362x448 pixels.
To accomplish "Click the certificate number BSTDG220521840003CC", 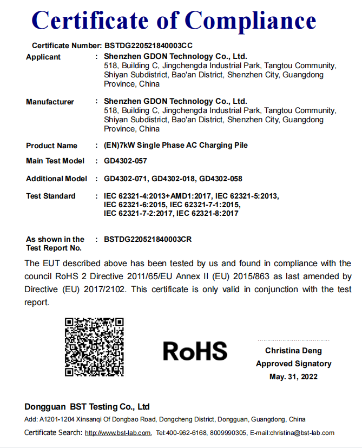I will pyautogui.click(x=148, y=46).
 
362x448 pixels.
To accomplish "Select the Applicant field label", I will pyautogui.click(x=43, y=57).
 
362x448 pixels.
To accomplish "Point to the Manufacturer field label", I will pyautogui.click(x=50, y=102).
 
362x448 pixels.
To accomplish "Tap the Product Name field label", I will pyautogui.click(x=51, y=146).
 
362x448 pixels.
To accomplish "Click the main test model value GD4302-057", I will pyautogui.click(x=125, y=161).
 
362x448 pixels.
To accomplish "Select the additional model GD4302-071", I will pyautogui.click(x=125, y=179).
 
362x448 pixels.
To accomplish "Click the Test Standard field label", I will pyautogui.click(x=50, y=196).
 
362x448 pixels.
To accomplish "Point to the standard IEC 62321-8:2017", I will pyautogui.click(x=207, y=213).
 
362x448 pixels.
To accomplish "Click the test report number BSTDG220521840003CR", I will pyautogui.click(x=148, y=239).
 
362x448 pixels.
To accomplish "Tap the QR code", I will pyautogui.click(x=94, y=347).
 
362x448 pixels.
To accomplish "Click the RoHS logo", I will pyautogui.click(x=195, y=351).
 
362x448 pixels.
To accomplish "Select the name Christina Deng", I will pyautogui.click(x=293, y=351).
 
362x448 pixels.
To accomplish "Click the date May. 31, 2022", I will pyautogui.click(x=293, y=377).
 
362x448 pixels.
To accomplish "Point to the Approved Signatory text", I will pyautogui.click(x=293, y=364).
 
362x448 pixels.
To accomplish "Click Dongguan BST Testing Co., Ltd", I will pyautogui.click(x=87, y=406).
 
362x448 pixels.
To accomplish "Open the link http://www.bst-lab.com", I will pyautogui.click(x=118, y=433).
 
